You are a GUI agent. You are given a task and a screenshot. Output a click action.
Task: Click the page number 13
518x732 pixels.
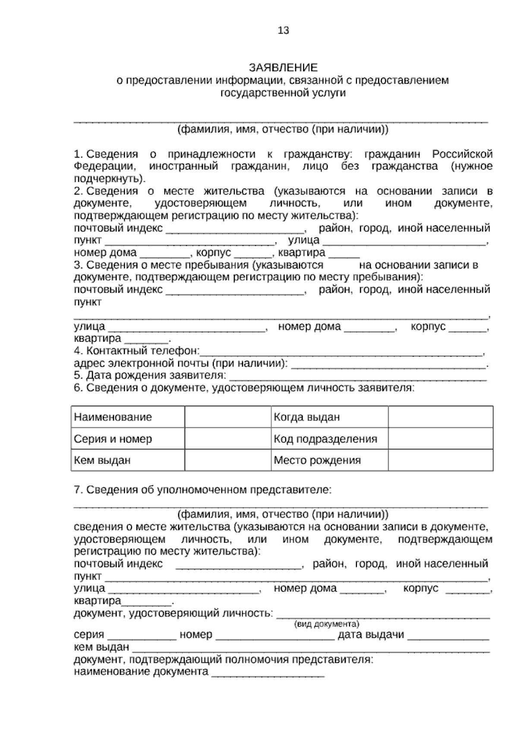(x=283, y=31)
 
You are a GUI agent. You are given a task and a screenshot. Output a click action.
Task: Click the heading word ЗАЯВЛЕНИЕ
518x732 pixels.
(x=283, y=67)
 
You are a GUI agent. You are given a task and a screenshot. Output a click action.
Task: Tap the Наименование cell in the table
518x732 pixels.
(x=127, y=417)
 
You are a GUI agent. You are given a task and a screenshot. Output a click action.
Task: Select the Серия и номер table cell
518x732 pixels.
(x=127, y=439)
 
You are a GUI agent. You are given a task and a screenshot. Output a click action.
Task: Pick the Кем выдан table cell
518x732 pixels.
(x=127, y=460)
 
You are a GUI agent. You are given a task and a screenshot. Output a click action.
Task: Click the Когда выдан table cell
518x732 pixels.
(x=329, y=417)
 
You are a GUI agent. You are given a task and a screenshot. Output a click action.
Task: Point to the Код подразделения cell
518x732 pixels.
(x=329, y=439)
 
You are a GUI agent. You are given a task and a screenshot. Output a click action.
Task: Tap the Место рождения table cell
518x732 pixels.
(x=329, y=460)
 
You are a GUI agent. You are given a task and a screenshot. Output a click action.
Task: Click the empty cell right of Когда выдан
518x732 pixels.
(x=440, y=417)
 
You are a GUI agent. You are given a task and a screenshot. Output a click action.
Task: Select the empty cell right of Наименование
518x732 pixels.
(x=227, y=417)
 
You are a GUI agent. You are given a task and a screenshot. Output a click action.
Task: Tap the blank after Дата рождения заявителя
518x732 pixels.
(x=357, y=377)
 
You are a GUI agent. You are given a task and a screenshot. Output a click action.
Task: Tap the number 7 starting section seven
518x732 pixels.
(x=77, y=490)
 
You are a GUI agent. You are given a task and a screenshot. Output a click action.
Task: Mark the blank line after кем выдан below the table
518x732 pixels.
(x=311, y=649)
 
